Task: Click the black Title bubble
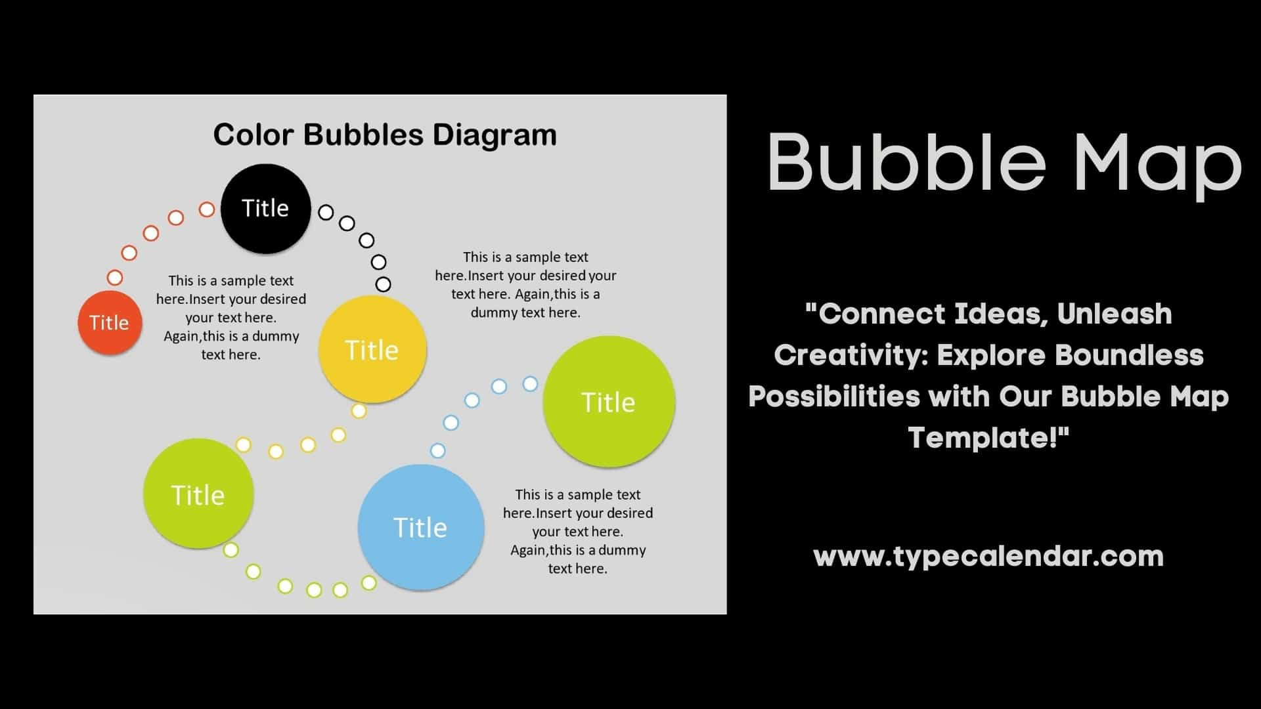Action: coord(265,208)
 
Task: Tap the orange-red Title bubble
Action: coord(110,322)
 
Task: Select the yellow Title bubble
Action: coord(372,349)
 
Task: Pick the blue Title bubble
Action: coord(421,527)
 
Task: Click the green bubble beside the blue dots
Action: coord(609,402)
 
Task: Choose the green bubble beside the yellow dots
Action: coord(198,494)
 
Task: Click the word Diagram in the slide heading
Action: coord(494,135)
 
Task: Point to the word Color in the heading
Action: coord(253,135)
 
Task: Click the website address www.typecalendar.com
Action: coord(988,556)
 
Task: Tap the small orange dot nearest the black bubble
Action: coord(207,209)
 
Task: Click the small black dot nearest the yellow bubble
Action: coord(383,284)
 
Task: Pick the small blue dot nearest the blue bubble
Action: coord(438,450)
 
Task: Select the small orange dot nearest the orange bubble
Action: coord(115,277)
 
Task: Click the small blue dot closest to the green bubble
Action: coord(530,383)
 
